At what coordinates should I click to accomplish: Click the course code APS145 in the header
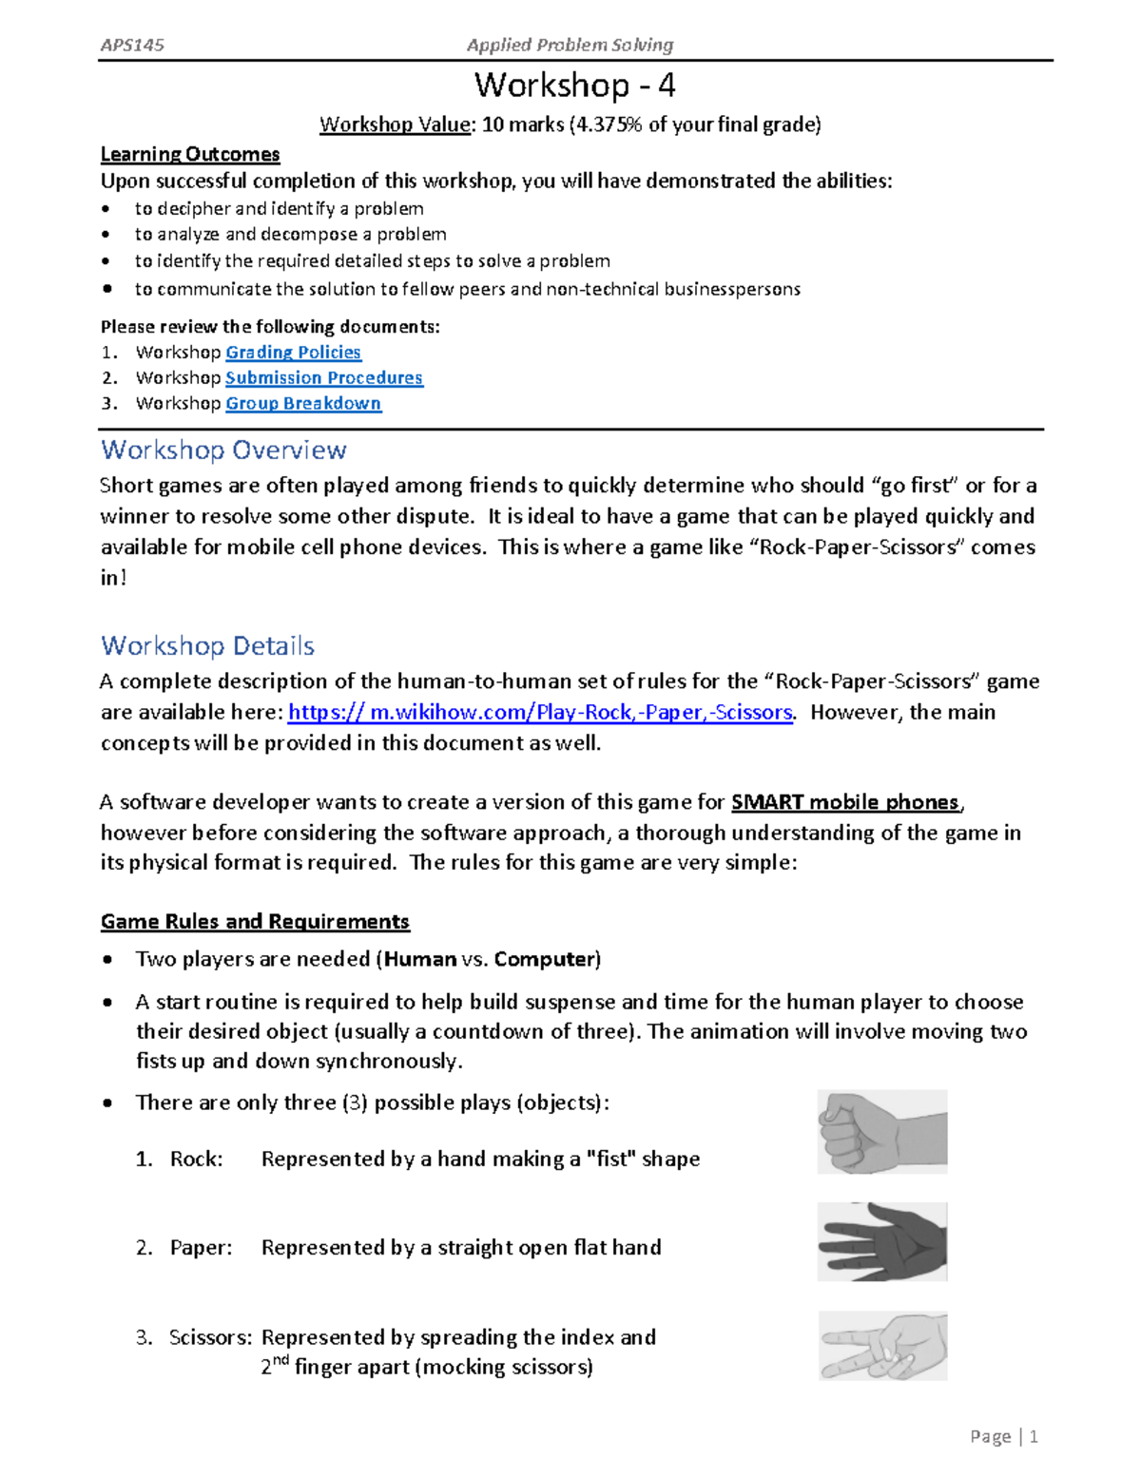(132, 45)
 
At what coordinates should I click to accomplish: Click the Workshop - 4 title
(574, 86)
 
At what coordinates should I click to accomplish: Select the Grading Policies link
(293, 353)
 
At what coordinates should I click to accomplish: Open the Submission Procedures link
(323, 378)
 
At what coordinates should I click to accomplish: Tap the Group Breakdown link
(303, 404)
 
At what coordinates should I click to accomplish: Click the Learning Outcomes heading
(190, 154)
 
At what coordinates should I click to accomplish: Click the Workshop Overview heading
(223, 450)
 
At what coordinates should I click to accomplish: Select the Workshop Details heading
(207, 646)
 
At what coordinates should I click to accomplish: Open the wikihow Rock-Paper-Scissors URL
(540, 713)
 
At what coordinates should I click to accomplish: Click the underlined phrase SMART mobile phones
(845, 802)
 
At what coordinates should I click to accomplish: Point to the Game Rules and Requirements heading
(255, 922)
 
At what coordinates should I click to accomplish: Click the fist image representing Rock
(881, 1132)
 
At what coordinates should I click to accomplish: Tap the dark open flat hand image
(881, 1241)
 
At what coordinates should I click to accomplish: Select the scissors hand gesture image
(881, 1346)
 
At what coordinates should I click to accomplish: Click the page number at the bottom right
(1033, 1437)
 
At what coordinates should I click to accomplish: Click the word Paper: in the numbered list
(201, 1248)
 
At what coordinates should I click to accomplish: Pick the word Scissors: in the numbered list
(210, 1338)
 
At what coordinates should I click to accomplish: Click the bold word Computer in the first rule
(545, 960)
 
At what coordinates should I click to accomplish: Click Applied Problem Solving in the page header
(570, 45)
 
